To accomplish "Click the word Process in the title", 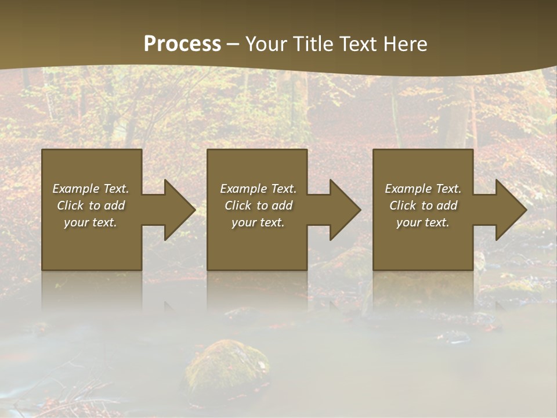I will tap(182, 44).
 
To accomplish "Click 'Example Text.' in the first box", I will tap(91, 188).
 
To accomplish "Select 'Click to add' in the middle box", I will tap(258, 205).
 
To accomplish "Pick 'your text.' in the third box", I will tap(422, 222).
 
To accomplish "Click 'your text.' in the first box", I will tap(91, 222).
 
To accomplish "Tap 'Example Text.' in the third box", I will tap(422, 188).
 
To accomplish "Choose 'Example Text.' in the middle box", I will tap(258, 188).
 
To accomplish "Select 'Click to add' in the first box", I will tap(91, 205).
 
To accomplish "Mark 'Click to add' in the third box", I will tap(422, 205).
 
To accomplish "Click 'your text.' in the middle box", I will tap(258, 222).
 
